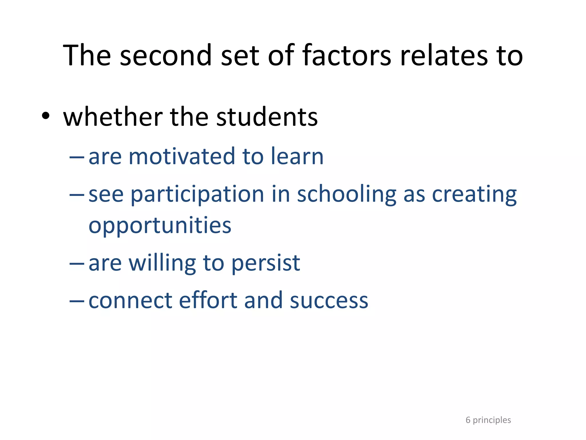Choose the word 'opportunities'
[x=160, y=226]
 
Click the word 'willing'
[x=162, y=263]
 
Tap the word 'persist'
[x=266, y=263]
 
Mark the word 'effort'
[x=208, y=301]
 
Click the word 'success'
[x=329, y=301]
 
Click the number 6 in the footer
[x=468, y=420]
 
